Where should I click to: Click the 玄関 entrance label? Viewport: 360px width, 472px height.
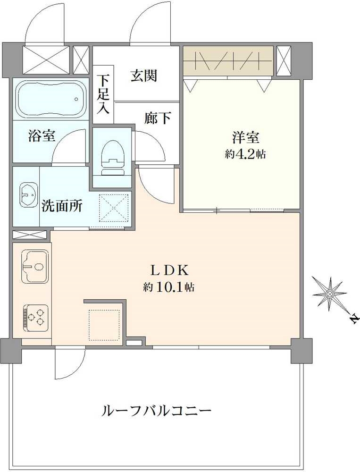pyautogui.click(x=143, y=76)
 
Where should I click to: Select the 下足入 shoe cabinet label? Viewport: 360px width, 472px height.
pyautogui.click(x=103, y=94)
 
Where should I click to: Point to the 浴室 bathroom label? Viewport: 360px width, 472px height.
pyautogui.click(x=42, y=136)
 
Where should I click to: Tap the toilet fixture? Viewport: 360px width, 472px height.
pyautogui.click(x=113, y=158)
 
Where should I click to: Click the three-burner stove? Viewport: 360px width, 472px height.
pyautogui.click(x=35, y=318)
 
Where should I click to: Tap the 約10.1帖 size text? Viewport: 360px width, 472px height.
pyautogui.click(x=168, y=287)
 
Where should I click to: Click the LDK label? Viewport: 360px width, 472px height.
pyautogui.click(x=169, y=270)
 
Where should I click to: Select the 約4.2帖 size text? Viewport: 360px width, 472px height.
pyautogui.click(x=245, y=154)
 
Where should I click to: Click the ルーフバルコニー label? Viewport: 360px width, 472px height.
pyautogui.click(x=157, y=410)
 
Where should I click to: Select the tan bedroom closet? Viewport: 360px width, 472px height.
pyautogui.click(x=228, y=61)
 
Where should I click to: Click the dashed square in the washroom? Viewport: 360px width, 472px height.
pyautogui.click(x=114, y=208)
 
